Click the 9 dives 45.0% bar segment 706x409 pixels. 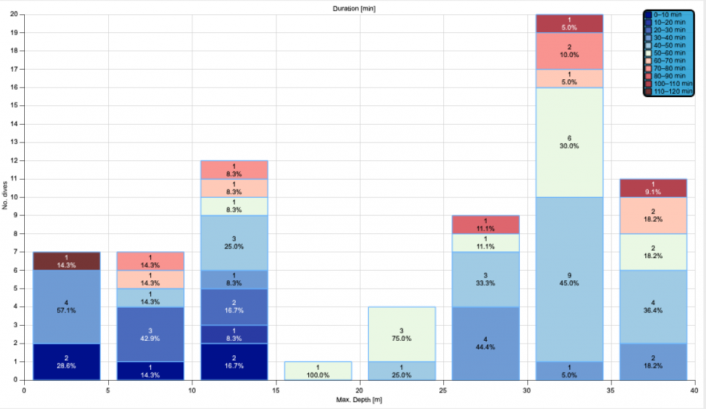click(x=569, y=279)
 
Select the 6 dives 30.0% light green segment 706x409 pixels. click(x=569, y=142)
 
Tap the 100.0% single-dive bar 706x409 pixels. click(x=318, y=370)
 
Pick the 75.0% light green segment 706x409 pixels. click(x=401, y=334)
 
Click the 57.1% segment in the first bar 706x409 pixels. click(x=66, y=306)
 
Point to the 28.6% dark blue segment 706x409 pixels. click(x=66, y=361)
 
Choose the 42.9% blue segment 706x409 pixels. click(x=150, y=334)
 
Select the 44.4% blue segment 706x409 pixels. click(x=485, y=343)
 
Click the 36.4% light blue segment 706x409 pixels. click(x=653, y=306)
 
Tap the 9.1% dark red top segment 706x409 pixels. click(x=653, y=188)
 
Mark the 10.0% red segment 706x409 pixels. click(x=569, y=50)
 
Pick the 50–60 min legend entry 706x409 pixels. click(x=670, y=53)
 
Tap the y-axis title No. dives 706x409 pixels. click(x=6, y=197)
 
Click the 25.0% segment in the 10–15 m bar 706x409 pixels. click(x=234, y=242)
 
